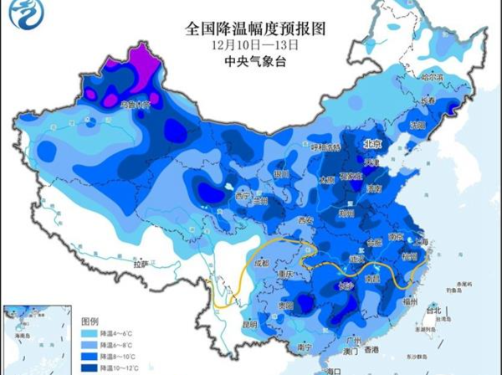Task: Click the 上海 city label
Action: tap(422, 241)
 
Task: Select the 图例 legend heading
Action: tap(90, 321)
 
